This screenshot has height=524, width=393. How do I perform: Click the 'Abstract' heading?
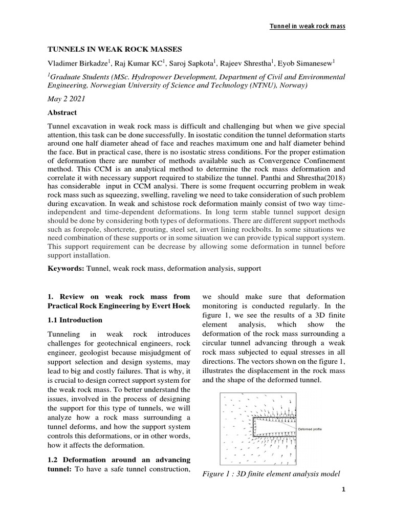click(x=62, y=113)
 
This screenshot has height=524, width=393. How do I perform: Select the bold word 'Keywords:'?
click(x=66, y=268)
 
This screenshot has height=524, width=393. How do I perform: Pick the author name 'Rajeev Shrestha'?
click(x=251, y=63)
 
